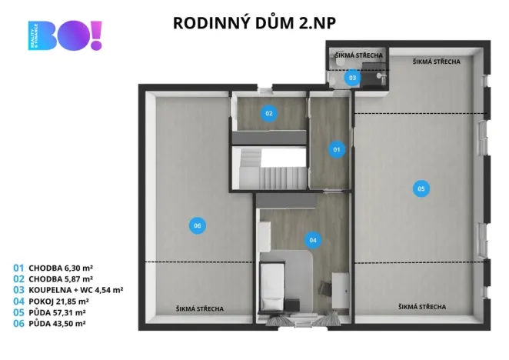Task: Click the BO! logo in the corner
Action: tap(66, 35)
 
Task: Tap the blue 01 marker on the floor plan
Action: tap(336, 149)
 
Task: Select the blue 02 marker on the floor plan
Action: tap(269, 113)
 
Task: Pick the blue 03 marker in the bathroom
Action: tap(352, 78)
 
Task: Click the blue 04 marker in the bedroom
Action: tap(312, 239)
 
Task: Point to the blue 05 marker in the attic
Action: tap(420, 188)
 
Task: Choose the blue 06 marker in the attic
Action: tap(198, 225)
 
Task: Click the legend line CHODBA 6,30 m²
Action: tap(53, 268)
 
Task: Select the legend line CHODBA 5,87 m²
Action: tap(53, 279)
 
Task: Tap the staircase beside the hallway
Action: tap(268, 170)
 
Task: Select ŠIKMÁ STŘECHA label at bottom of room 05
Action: tap(422, 308)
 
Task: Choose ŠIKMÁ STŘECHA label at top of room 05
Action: tap(436, 62)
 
